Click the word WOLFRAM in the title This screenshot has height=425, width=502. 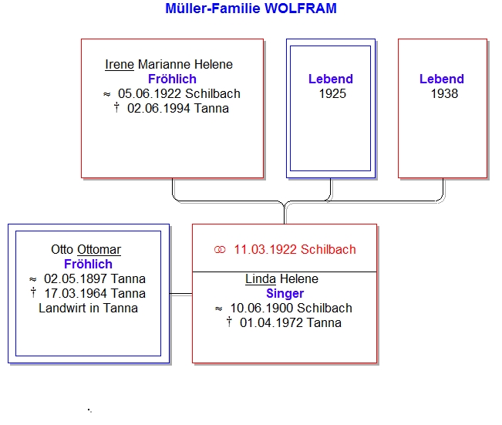(x=301, y=8)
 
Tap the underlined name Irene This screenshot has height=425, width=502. (x=120, y=64)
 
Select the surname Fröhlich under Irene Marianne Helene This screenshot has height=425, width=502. (x=172, y=79)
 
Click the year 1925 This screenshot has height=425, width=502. (x=332, y=94)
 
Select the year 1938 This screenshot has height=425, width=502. (x=444, y=94)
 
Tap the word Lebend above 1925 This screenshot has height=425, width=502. (x=331, y=79)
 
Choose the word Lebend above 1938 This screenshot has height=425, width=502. (x=442, y=79)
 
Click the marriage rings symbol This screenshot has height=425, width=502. (x=220, y=249)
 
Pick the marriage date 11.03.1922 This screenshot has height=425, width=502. (x=265, y=249)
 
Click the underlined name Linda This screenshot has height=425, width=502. (x=261, y=279)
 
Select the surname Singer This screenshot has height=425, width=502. (x=285, y=293)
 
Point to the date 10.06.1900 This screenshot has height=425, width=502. (x=262, y=308)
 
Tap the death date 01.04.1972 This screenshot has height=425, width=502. (x=271, y=323)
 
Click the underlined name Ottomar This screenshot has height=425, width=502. (x=99, y=249)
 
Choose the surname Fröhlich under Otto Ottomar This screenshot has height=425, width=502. (x=88, y=265)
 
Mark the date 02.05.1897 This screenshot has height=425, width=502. (x=76, y=279)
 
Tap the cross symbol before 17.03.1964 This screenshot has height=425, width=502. (x=33, y=292)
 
